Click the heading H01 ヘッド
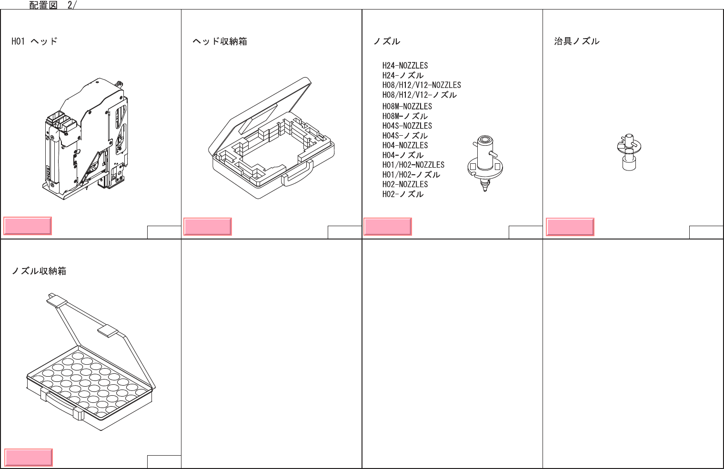[34, 41]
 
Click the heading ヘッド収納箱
[220, 41]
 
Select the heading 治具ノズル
[576, 41]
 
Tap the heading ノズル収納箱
[39, 271]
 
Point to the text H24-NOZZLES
[405, 66]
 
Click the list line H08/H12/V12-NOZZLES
[422, 85]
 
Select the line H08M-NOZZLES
[407, 107]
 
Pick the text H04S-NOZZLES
[407, 126]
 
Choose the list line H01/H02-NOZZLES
[413, 165]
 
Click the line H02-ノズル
[402, 194]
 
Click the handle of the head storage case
[298, 174]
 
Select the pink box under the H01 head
[28, 226]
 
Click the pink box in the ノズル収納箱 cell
[29, 457]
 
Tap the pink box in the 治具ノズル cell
[570, 227]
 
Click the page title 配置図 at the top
[43, 5]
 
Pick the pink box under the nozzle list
[388, 227]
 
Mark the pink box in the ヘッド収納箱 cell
[208, 227]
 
